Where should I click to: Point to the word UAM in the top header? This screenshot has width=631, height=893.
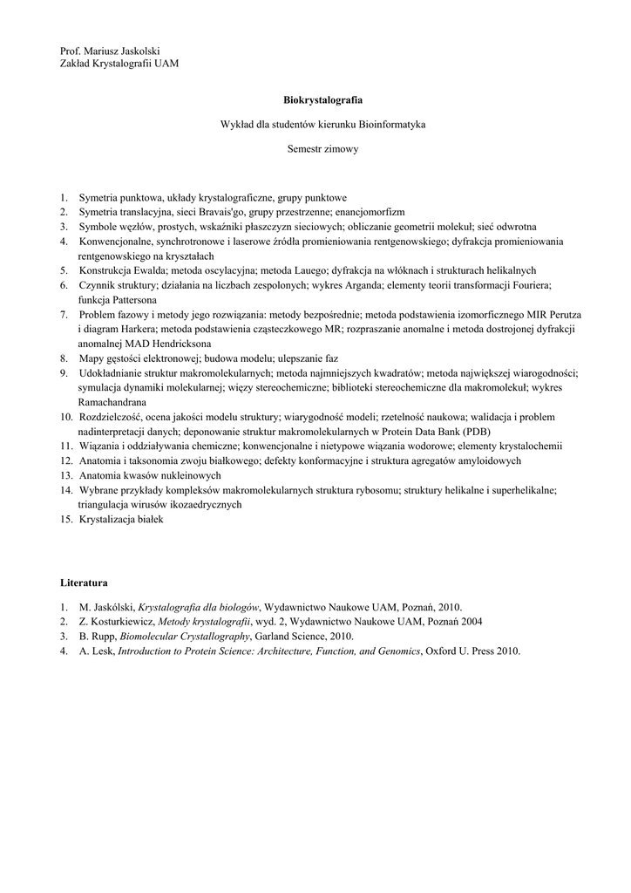[166, 65]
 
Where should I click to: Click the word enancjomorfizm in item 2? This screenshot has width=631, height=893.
[371, 212]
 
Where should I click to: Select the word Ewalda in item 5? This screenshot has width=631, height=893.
[147, 270]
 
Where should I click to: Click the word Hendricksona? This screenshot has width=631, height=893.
[186, 344]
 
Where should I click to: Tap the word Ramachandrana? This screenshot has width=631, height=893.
[112, 402]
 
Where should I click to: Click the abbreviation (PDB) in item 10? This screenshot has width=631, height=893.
[476, 432]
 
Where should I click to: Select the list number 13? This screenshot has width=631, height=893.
[66, 475]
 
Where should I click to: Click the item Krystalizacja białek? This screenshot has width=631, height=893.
[121, 519]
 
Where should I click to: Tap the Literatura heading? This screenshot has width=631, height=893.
[85, 581]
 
